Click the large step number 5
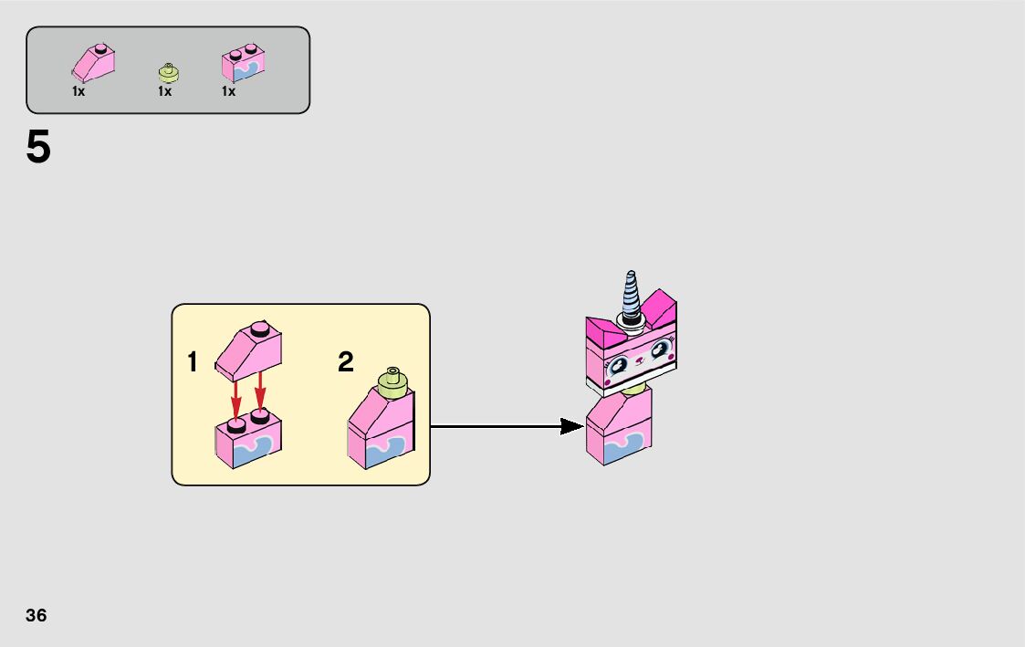[x=38, y=148]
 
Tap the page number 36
[x=37, y=615]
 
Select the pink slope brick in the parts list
[x=94, y=63]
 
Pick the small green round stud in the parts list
[x=166, y=72]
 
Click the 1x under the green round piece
[x=164, y=91]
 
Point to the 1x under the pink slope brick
[x=78, y=91]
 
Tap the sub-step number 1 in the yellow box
[x=193, y=363]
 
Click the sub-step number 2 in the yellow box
[x=345, y=363]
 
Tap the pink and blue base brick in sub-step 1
[x=248, y=442]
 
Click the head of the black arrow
[x=571, y=426]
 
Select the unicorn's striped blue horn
[x=631, y=294]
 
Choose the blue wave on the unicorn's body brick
[x=628, y=446]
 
